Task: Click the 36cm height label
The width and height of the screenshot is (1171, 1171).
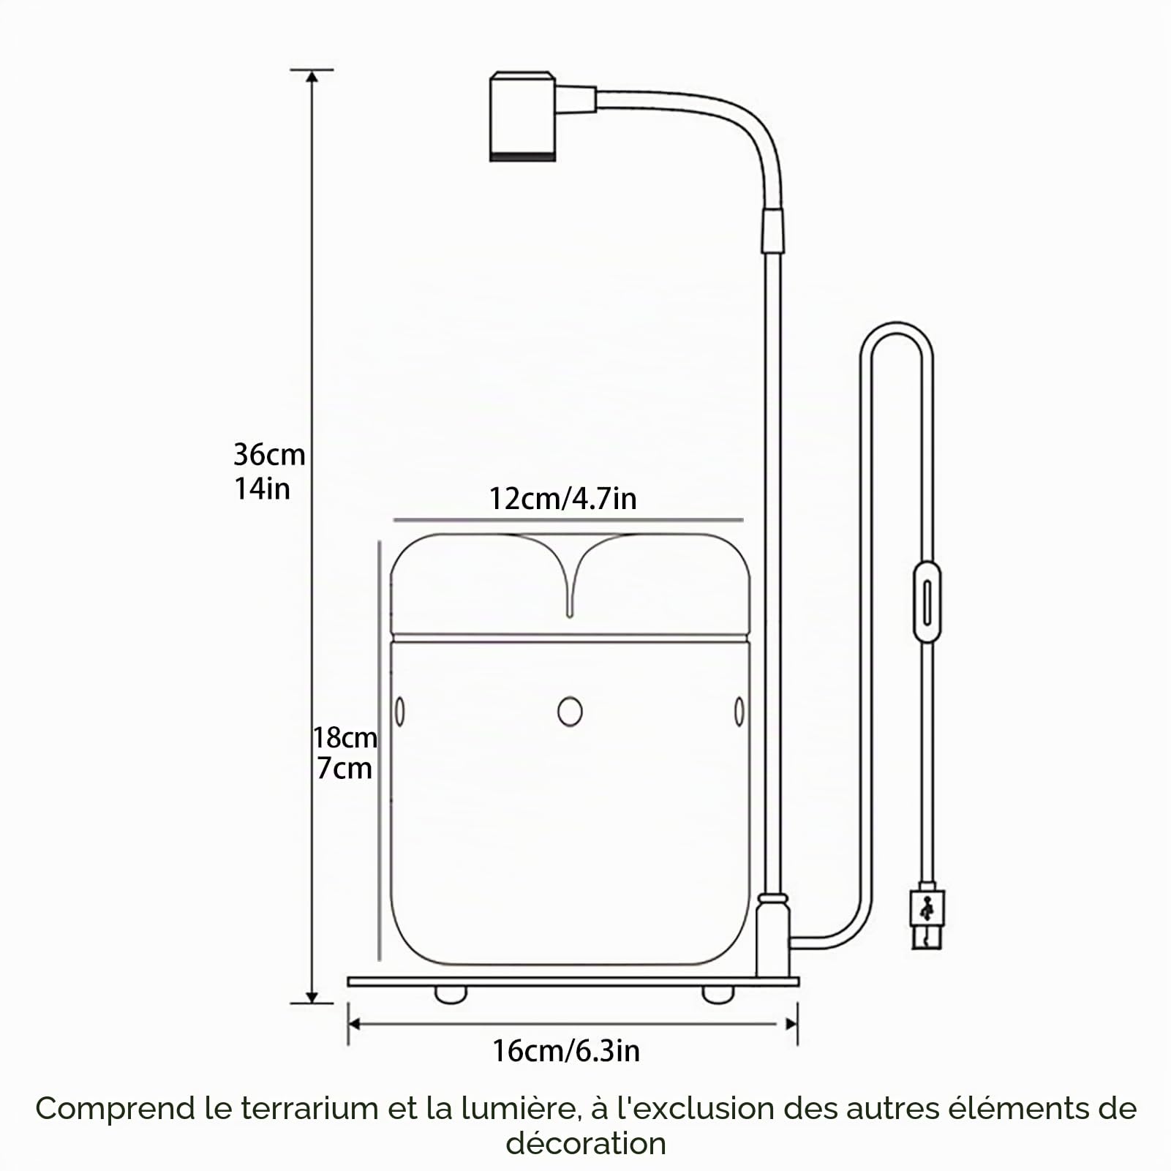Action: click(269, 455)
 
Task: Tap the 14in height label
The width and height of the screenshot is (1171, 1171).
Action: click(262, 489)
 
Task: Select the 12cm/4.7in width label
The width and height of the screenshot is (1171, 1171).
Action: click(562, 499)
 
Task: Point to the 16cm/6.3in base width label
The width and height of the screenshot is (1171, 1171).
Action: click(566, 1051)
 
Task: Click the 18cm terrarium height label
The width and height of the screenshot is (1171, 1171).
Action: click(345, 737)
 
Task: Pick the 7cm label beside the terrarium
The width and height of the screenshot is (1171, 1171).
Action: click(344, 769)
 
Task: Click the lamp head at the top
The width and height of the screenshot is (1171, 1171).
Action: click(522, 116)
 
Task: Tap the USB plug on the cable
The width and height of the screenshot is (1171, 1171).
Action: click(928, 919)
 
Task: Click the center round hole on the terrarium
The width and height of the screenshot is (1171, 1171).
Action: click(570, 711)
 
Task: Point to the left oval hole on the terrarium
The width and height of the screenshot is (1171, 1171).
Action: click(400, 711)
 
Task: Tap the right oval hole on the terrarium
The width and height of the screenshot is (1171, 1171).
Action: click(739, 711)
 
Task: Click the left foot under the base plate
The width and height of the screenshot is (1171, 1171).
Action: click(450, 994)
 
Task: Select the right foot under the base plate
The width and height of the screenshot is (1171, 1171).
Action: click(718, 994)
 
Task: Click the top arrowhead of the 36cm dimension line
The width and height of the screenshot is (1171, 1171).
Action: click(312, 78)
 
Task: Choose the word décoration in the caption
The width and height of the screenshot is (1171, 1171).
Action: click(586, 1143)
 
